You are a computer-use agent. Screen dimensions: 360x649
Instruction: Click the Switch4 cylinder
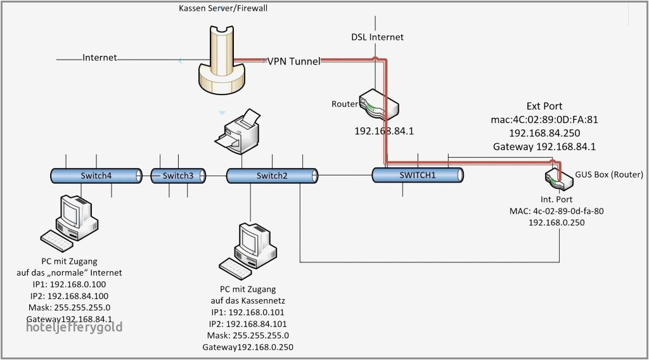point(96,176)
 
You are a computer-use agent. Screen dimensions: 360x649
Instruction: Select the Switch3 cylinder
point(177,176)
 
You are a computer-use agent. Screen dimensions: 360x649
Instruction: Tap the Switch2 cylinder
point(271,176)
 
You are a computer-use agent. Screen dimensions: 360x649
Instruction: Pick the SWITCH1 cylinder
point(418,175)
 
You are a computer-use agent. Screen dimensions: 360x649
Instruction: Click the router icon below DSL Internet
point(378,105)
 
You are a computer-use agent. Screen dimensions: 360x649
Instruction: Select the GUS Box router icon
point(558,177)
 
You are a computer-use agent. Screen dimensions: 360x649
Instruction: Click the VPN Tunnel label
point(293,61)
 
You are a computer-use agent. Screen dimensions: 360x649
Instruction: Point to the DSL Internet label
point(378,37)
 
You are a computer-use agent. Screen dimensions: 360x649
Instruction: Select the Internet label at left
point(100,58)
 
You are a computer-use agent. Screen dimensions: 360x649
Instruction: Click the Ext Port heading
point(544,106)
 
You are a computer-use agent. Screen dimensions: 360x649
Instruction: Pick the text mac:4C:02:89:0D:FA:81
point(544,119)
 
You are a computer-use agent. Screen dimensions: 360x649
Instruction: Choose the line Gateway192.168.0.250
point(248,347)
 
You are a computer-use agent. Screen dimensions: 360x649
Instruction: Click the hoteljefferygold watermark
point(74,327)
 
